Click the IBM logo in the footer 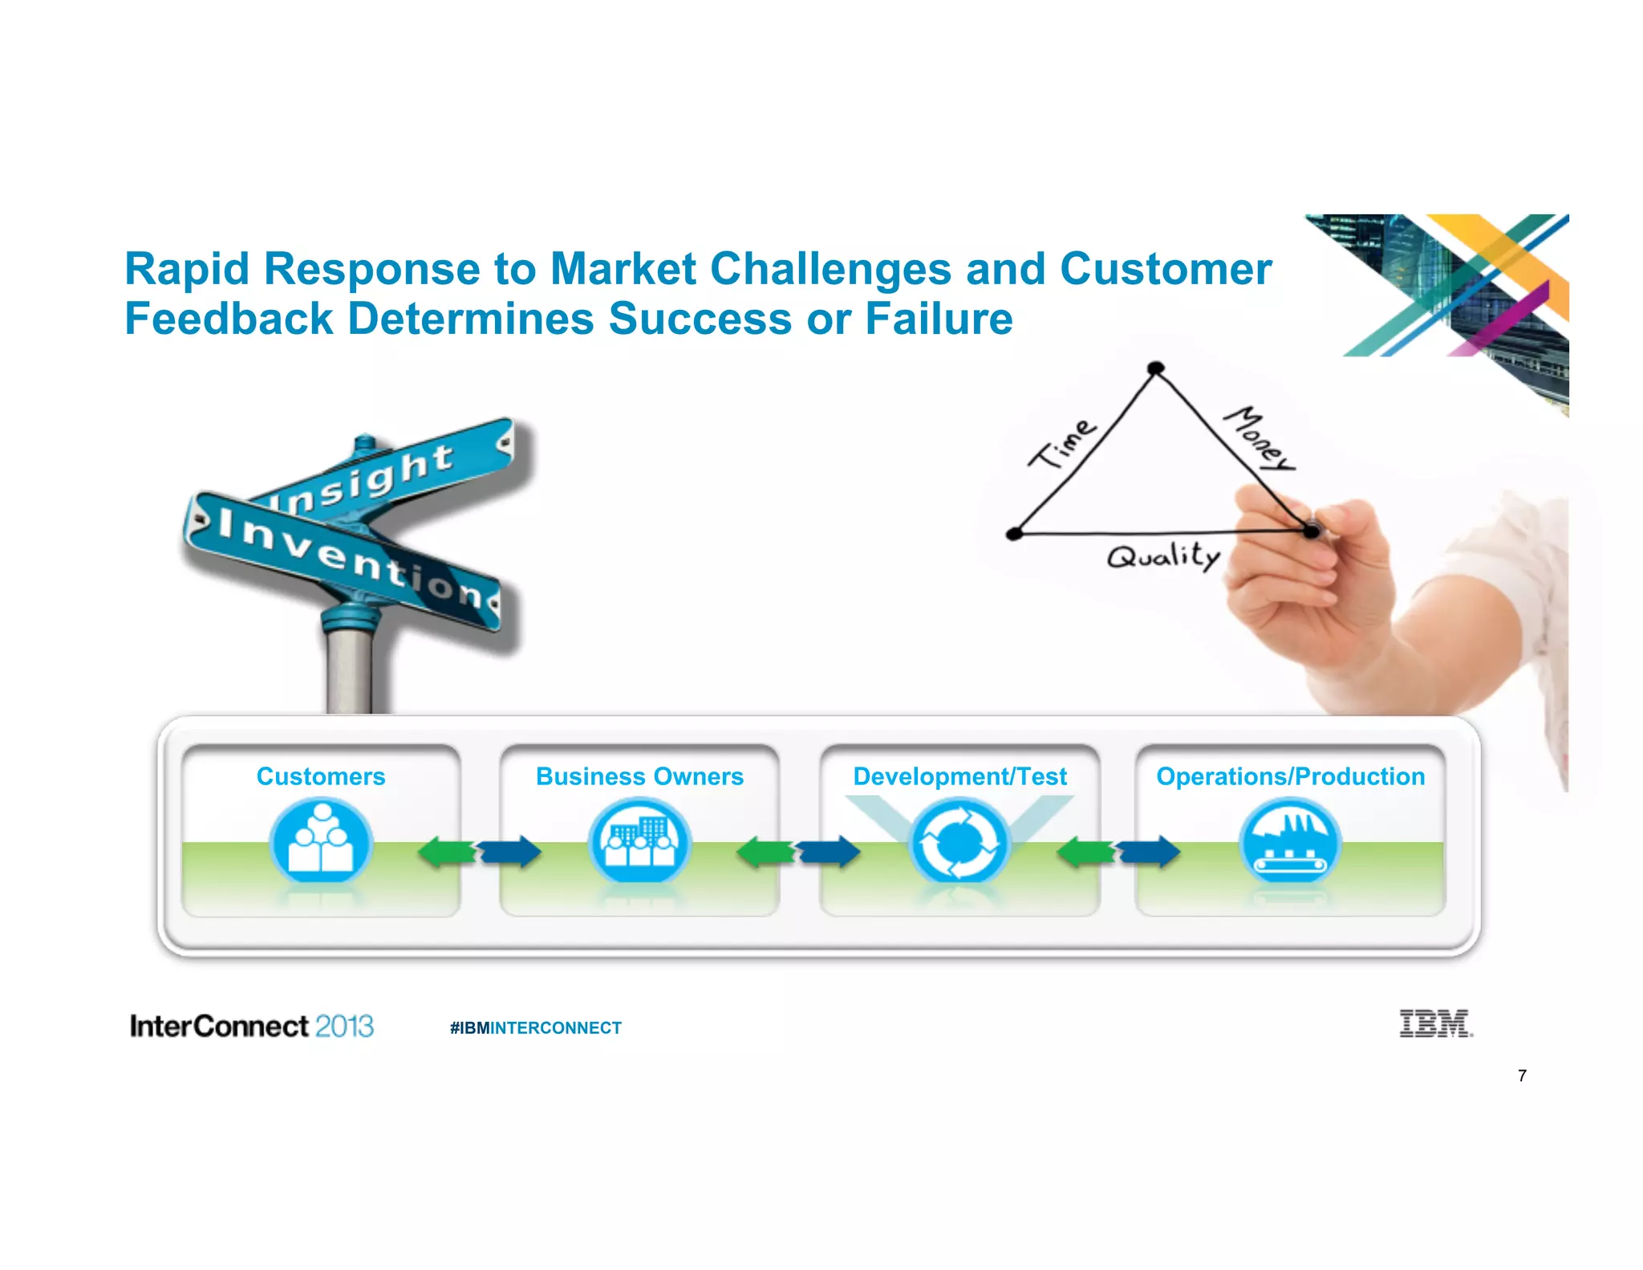[1435, 1024]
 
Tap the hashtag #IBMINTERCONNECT [535, 1028]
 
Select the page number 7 [1522, 1076]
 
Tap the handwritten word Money [1258, 438]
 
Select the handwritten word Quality [1163, 556]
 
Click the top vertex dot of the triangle [1155, 368]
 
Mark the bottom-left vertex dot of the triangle [1014, 533]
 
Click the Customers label [321, 776]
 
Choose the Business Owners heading [639, 776]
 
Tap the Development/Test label [959, 776]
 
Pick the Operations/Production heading [1290, 776]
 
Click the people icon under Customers [321, 841]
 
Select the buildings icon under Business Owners [639, 841]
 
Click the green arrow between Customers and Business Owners [446, 852]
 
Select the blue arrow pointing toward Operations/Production [1151, 852]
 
